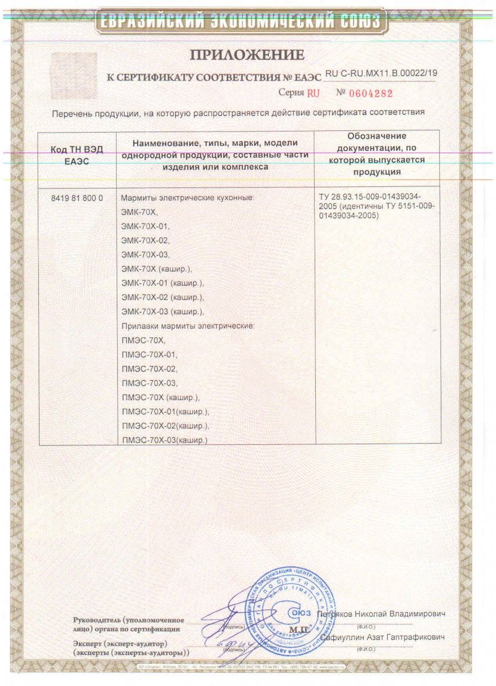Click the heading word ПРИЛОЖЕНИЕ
pos(247,55)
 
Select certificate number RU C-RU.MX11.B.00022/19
pos(380,73)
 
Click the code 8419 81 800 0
pos(77,198)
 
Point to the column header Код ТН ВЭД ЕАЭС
pos(77,155)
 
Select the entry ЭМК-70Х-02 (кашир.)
pos(163,297)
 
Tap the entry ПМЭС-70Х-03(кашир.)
pos(165,440)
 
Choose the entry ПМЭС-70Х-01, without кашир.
pos(150,354)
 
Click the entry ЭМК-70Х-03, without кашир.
pos(146,254)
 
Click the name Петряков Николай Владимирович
pos(381,613)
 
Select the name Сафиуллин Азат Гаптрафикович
pos(382,637)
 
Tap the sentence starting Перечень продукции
pos(238,113)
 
